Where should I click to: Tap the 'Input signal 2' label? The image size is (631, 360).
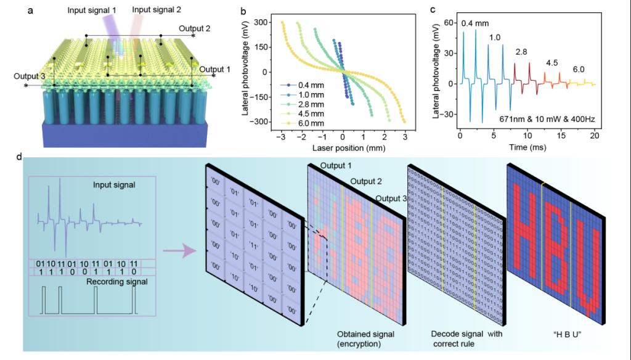pyautogui.click(x=158, y=9)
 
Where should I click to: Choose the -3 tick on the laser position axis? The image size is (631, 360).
pyautogui.click(x=282, y=136)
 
